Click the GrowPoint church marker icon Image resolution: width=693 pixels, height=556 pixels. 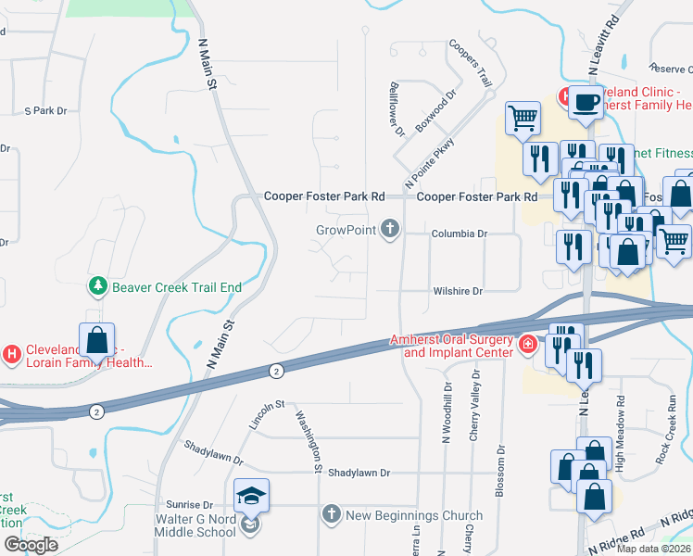[391, 228]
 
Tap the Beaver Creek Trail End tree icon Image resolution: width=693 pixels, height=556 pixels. [96, 286]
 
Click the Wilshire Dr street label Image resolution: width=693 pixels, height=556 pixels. [459, 291]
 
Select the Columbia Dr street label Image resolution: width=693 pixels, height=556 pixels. [459, 234]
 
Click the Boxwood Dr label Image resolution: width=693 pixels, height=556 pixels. [436, 110]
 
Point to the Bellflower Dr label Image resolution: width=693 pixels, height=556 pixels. [398, 108]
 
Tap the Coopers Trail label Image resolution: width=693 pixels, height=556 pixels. [469, 63]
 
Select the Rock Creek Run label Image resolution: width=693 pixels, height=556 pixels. [662, 436]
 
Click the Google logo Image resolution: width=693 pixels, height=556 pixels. [31, 545]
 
